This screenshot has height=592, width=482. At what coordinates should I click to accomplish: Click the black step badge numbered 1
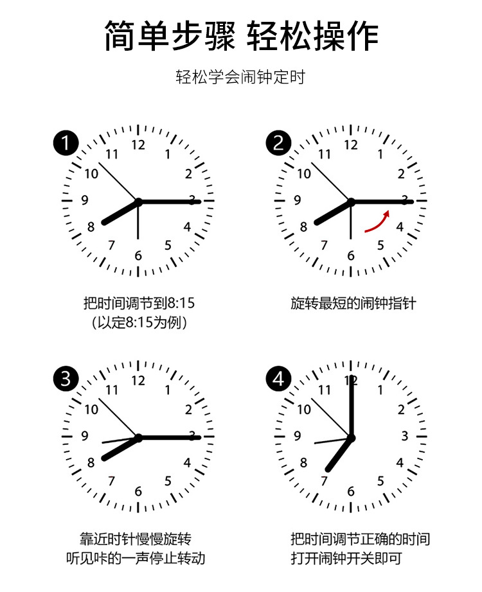[x=66, y=143]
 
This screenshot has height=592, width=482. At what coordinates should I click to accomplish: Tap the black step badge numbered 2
[x=279, y=143]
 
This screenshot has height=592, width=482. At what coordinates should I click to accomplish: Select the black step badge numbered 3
[x=66, y=379]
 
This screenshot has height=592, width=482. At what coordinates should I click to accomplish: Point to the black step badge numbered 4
[x=279, y=379]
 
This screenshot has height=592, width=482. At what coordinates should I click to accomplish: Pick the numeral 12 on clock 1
[x=138, y=144]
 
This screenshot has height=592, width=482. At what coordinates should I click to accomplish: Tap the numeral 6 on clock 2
[x=351, y=256]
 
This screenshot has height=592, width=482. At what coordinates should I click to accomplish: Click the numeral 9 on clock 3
[x=85, y=436]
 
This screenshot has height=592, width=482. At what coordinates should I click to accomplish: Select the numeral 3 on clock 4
[x=404, y=436]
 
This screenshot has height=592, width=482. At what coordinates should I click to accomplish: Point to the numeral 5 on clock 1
[x=168, y=245]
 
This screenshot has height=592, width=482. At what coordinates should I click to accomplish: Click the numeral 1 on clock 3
[x=168, y=390]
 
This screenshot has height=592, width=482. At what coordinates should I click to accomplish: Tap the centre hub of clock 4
[x=351, y=438]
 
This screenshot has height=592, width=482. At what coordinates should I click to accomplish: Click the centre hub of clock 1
[x=138, y=202]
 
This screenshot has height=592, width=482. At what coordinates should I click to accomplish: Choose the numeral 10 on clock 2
[x=304, y=173]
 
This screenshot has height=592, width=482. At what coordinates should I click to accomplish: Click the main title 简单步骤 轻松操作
[x=241, y=36]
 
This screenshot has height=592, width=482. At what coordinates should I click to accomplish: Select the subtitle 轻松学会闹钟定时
[x=240, y=77]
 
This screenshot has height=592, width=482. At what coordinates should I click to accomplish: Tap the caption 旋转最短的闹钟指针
[x=353, y=303]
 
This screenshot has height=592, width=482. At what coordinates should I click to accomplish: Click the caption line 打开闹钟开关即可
[x=346, y=558]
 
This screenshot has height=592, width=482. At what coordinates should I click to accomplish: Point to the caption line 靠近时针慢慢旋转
[x=136, y=539]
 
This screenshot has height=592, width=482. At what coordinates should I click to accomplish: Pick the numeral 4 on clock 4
[x=400, y=462]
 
